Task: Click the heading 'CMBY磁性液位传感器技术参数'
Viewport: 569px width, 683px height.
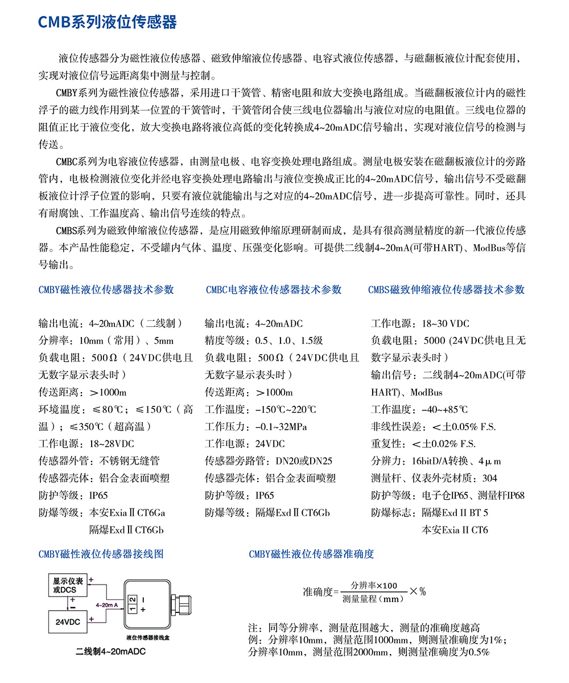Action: click(x=106, y=290)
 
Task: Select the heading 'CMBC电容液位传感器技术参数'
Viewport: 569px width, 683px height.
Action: click(x=274, y=290)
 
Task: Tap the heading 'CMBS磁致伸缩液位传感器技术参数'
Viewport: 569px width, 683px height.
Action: click(x=446, y=290)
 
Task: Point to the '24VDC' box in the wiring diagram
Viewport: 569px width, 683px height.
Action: click(x=67, y=622)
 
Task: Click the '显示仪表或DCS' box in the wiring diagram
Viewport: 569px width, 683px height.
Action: click(x=68, y=586)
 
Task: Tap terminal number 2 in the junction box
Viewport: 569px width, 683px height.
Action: click(x=132, y=599)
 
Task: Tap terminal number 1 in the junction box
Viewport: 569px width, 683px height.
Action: click(x=132, y=608)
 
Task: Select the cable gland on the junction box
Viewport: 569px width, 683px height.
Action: click(x=187, y=604)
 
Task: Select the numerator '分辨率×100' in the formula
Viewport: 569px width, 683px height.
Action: click(x=374, y=585)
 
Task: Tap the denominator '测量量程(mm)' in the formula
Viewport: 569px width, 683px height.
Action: click(x=373, y=599)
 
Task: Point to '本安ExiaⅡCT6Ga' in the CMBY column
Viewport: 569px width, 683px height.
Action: click(x=127, y=513)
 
